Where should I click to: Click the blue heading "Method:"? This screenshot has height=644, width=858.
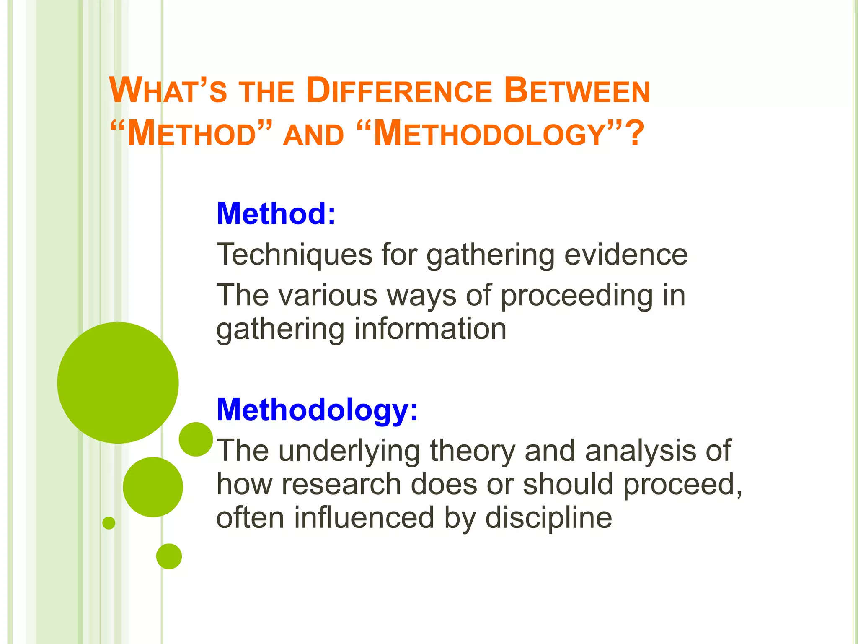(x=276, y=214)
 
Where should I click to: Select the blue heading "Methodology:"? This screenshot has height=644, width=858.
(x=317, y=410)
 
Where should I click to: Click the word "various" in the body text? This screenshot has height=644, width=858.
(x=328, y=295)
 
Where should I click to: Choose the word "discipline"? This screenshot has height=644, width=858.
(x=548, y=518)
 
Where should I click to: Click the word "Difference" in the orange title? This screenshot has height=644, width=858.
(x=399, y=91)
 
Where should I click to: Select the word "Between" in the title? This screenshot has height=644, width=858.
(x=577, y=91)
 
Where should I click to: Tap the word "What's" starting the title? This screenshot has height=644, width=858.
(x=168, y=91)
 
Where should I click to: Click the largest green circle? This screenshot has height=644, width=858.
(x=118, y=383)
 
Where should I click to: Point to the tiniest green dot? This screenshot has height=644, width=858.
(x=109, y=523)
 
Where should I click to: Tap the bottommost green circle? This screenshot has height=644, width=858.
(x=169, y=556)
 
